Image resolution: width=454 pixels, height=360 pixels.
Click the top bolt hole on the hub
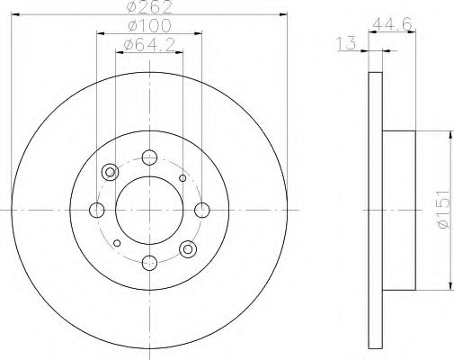click(x=148, y=157)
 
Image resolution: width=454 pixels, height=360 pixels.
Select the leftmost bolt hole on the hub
click(x=97, y=210)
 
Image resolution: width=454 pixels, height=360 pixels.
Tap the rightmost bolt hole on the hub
click(x=200, y=210)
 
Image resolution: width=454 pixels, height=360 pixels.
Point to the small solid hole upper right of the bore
click(x=182, y=178)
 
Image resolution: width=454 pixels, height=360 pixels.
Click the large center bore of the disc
click(x=148, y=210)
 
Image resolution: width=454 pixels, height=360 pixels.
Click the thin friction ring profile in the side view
click(x=375, y=210)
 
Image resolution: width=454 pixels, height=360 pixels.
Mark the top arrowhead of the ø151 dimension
click(x=448, y=134)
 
